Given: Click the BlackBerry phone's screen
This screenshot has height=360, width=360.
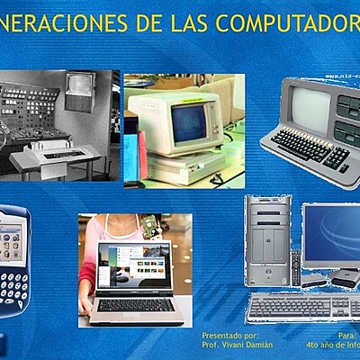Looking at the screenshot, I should (12, 242).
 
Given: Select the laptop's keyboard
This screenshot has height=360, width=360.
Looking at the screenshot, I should (136, 304).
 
